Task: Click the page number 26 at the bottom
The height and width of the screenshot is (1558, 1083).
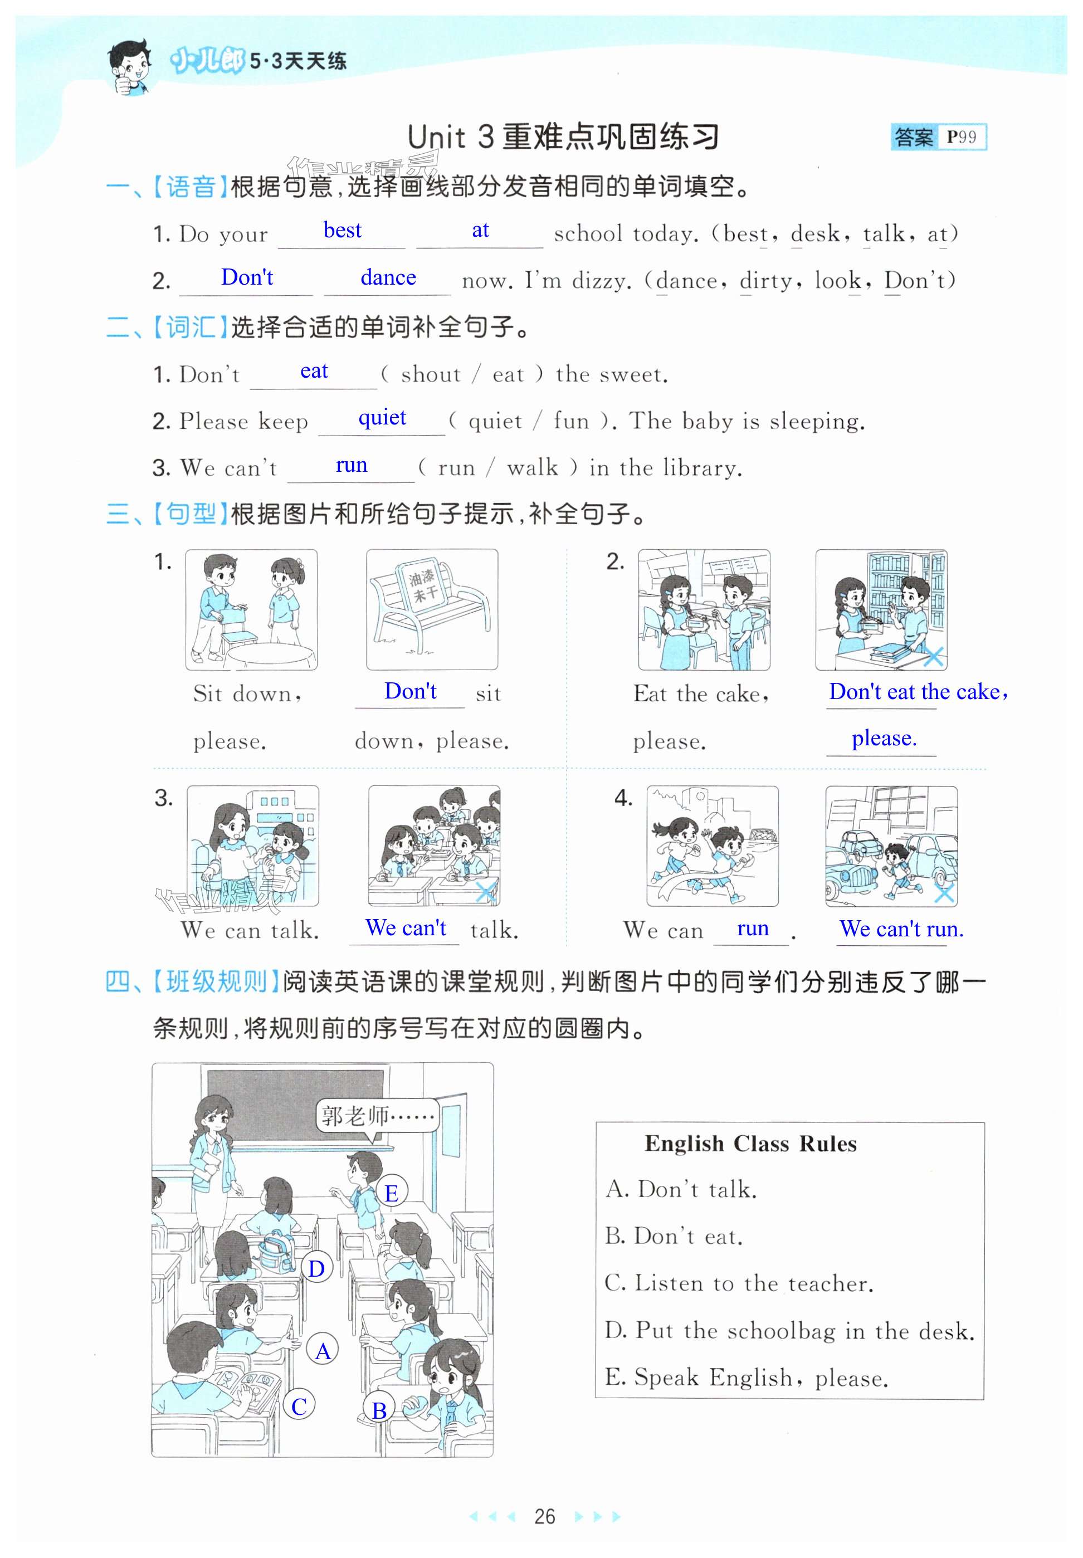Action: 544,1516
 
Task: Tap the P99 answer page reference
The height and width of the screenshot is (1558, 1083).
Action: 962,137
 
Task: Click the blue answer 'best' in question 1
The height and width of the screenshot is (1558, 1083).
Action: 343,230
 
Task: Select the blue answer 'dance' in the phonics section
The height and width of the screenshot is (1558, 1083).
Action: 388,277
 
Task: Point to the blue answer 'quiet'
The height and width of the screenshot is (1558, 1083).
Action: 382,418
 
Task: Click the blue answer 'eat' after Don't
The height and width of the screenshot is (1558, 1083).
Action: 314,371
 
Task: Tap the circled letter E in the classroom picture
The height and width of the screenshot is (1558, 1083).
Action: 392,1193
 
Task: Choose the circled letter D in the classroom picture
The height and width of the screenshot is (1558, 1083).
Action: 317,1268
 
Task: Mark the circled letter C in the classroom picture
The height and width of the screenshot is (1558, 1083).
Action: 299,1406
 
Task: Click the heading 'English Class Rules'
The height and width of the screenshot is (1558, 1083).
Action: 750,1144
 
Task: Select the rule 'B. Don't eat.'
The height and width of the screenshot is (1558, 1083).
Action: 674,1237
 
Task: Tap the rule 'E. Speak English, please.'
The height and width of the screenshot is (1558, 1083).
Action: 747,1377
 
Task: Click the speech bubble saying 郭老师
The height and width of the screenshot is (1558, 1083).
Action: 378,1116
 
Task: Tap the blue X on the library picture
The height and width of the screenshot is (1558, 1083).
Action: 934,656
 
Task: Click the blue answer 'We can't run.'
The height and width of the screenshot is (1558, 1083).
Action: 901,928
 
